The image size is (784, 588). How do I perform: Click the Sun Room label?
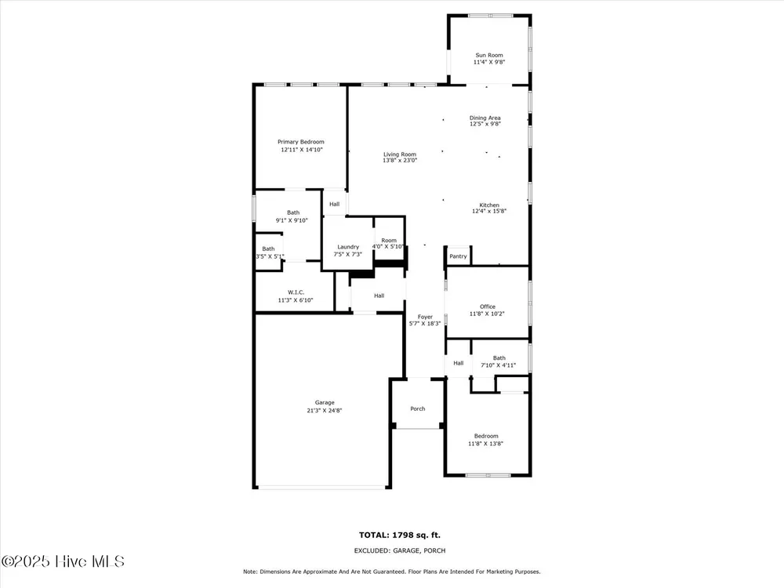point(489,55)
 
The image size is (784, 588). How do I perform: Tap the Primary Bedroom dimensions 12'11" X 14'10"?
point(302,150)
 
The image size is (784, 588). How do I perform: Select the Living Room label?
point(400,154)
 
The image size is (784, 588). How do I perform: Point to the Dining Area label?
point(485,118)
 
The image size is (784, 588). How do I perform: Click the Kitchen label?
point(489,205)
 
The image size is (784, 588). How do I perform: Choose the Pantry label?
point(458,256)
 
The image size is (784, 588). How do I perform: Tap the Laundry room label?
point(348,247)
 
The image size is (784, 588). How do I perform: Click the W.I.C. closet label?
point(296,292)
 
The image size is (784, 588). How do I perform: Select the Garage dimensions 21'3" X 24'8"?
point(325,411)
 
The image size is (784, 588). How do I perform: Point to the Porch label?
point(418,408)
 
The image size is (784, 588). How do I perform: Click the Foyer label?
point(425,317)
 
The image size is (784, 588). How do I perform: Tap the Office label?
point(488,307)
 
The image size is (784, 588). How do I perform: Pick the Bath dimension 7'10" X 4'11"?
point(499,365)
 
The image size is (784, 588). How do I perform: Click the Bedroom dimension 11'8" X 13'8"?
point(485,444)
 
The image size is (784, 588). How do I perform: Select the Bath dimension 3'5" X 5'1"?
point(270,256)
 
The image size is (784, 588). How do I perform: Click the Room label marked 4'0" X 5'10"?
point(389,241)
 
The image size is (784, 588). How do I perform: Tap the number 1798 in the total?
point(404,535)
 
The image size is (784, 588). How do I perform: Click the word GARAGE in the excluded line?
point(406,550)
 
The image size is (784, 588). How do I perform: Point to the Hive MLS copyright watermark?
point(63,561)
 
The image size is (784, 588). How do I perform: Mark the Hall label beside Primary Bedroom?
point(335,204)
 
